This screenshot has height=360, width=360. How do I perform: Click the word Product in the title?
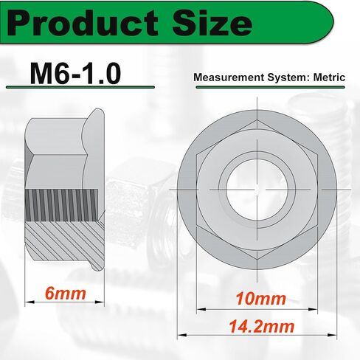[x=83, y=24]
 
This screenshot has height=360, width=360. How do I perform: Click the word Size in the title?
[x=212, y=24]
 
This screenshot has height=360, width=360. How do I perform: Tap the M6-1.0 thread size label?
[x=75, y=73]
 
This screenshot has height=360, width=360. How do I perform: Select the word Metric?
[x=329, y=77]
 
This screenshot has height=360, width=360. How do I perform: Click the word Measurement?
[x=229, y=77]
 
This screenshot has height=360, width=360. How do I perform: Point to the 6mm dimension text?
[x=66, y=294]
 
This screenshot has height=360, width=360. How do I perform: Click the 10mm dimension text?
[x=260, y=299]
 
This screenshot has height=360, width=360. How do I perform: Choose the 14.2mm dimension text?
[x=262, y=327]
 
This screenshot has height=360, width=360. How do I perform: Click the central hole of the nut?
[x=257, y=190]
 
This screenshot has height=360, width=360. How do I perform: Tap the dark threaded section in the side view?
[x=61, y=205]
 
